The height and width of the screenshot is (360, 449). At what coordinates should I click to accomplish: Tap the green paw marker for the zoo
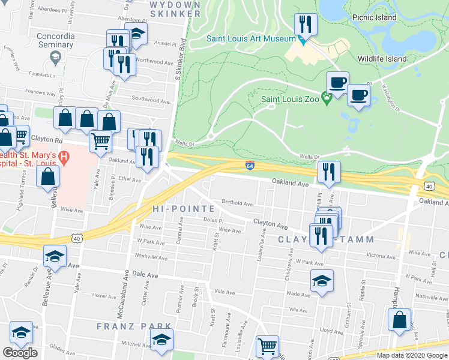327,98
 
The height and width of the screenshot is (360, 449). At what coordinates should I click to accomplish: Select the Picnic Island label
375,17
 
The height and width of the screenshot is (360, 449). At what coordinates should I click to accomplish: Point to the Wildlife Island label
382,59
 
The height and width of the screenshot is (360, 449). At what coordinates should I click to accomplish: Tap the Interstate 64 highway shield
249,165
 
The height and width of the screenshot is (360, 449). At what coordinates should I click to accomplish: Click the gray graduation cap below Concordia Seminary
55,57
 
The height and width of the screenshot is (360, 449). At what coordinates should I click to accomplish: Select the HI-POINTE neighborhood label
184,209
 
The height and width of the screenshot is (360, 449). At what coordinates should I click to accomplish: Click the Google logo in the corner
20,353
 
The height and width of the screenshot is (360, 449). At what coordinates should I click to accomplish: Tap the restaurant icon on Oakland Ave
328,172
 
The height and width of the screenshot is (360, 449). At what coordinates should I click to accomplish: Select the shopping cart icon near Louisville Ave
267,346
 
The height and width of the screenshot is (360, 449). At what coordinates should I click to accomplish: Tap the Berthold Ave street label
237,203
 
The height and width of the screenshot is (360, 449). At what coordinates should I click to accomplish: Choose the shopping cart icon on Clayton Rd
100,141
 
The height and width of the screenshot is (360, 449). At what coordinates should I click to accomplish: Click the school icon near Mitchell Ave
161,340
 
